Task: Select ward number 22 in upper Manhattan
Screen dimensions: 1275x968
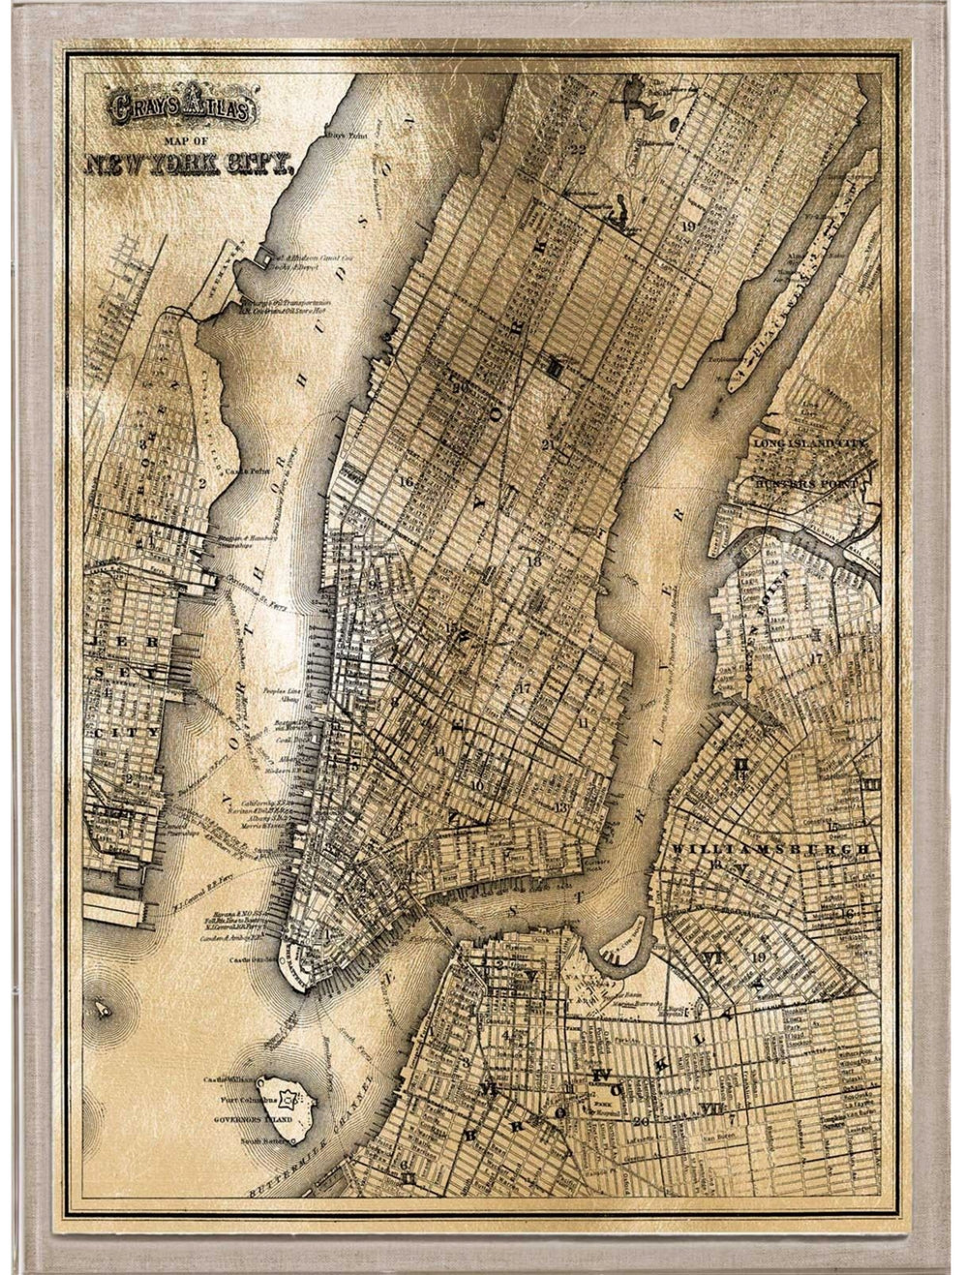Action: tap(578, 148)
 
